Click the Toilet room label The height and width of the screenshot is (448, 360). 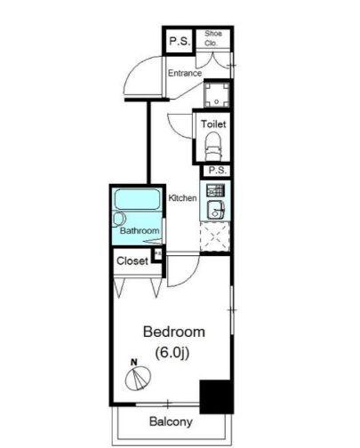coord(213,124)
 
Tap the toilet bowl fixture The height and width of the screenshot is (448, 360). coord(213,147)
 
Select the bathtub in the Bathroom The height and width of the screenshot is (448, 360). coord(138,199)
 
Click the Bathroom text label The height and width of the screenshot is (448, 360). coord(140,230)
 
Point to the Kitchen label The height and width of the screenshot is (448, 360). coord(182,198)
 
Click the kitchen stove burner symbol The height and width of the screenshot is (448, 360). coord(215,190)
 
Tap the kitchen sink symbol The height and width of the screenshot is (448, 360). coord(216,210)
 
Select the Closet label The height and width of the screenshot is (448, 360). coord(132,261)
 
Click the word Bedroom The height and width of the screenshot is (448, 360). coord(174,332)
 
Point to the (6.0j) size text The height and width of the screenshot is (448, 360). coord(172,353)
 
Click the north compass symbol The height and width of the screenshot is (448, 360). coord(138,377)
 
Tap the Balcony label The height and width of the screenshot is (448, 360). coord(171,421)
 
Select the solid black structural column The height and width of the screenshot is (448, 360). coord(217,396)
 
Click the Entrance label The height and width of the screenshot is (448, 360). coord(185,73)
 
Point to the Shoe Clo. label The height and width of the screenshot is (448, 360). coord(212,38)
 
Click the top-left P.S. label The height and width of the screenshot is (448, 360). coord(180,41)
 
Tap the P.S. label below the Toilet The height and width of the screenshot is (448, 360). coord(218,171)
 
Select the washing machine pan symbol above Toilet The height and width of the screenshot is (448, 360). coord(217,94)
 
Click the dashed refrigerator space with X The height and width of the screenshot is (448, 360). coord(215,236)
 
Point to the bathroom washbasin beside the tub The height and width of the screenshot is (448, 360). coord(119,220)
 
